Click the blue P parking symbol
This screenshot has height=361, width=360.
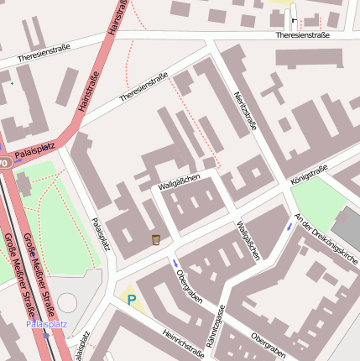coord(131,298)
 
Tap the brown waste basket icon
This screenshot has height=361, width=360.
coord(156,240)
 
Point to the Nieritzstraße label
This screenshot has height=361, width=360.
coord(244,111)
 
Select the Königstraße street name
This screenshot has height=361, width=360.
coord(308,173)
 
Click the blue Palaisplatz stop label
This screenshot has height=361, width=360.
coord(44,323)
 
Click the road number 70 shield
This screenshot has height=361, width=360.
coord(3,162)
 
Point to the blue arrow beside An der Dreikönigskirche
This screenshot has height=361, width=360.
coord(290,227)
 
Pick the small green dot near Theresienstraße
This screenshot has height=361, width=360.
coord(12,83)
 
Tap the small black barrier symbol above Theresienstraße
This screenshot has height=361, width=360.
coord(294,20)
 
